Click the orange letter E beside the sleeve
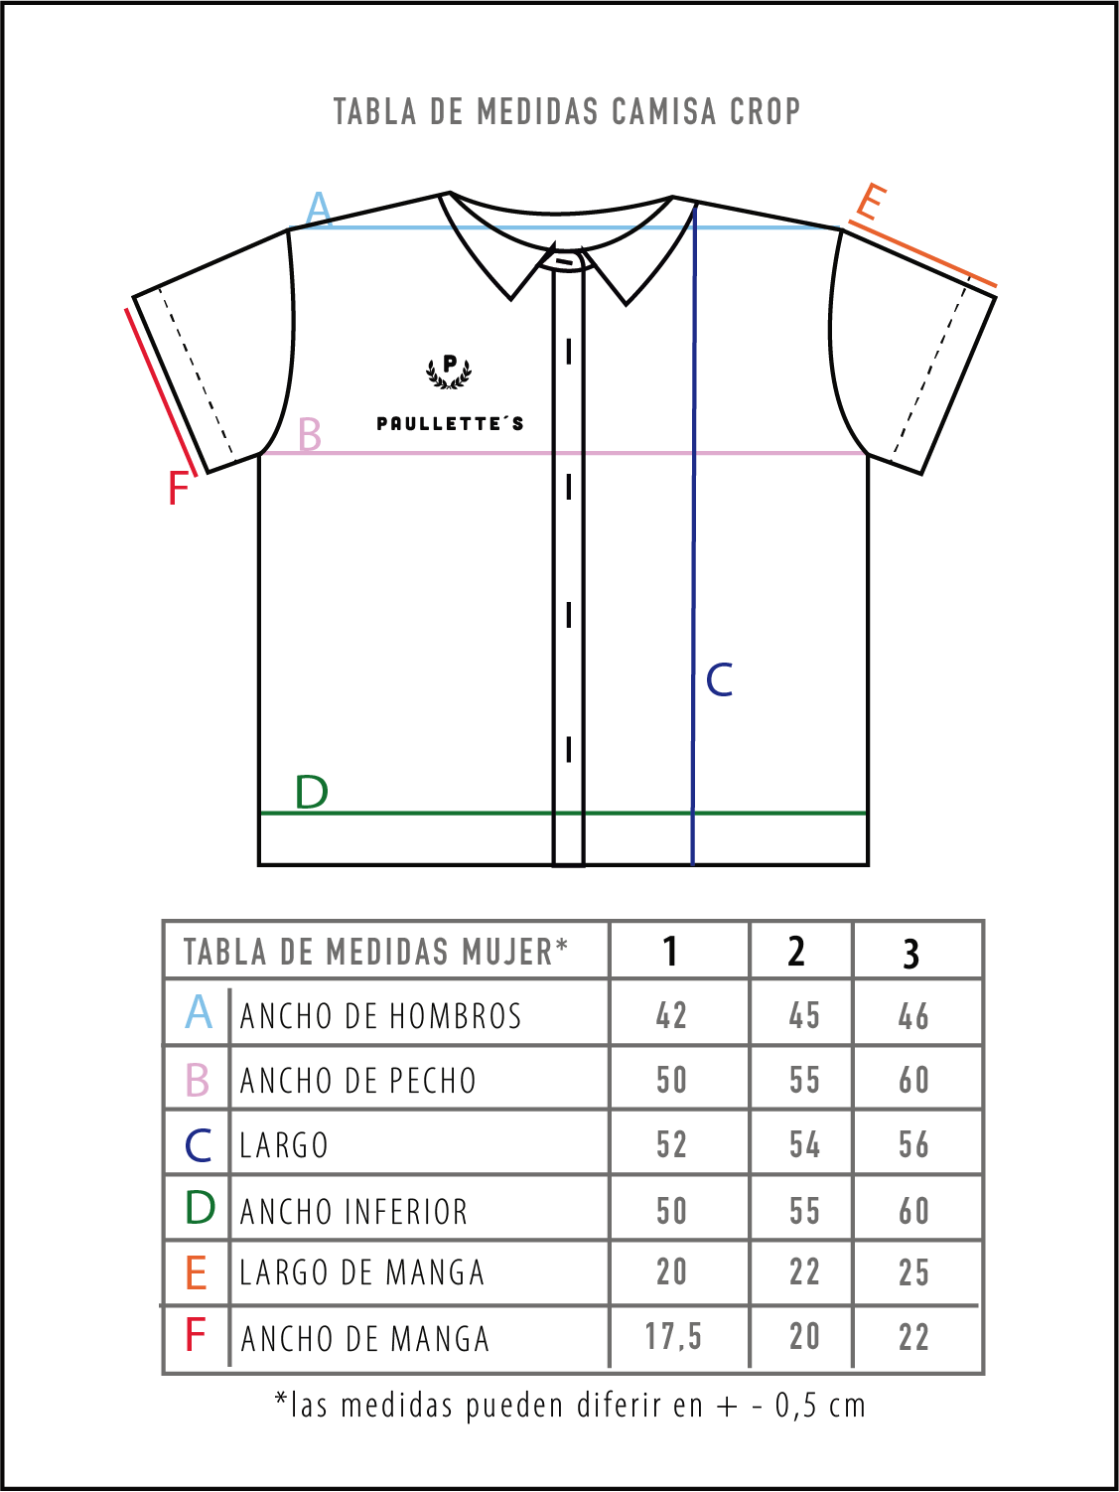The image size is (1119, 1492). coord(871,202)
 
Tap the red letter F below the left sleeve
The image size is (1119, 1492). coord(178,488)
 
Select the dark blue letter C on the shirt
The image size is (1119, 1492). coord(719,679)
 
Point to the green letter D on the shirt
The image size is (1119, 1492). coord(311,792)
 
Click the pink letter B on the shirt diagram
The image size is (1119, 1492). coord(310,434)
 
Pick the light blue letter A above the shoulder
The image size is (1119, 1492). coord(319,208)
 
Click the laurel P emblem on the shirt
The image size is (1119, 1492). coord(449,372)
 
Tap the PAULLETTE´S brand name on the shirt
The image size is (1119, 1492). coord(451,423)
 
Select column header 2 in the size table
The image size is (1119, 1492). coord(796,951)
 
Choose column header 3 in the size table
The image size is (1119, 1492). coord(911,954)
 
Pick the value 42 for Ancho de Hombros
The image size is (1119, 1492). coord(672,1015)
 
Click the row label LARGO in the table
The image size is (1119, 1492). coord(284,1144)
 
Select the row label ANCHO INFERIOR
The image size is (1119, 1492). coord(354,1211)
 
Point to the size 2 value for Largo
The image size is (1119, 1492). coord(804,1144)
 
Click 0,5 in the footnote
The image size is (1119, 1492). coord(799,1406)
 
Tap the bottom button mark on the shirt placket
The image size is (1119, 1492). coord(569,750)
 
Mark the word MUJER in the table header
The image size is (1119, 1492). coord(507,951)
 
